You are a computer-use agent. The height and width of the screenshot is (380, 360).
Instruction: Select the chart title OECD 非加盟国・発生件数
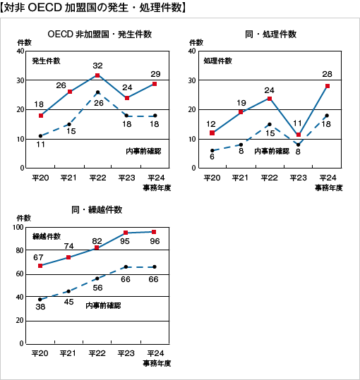pos(100,34)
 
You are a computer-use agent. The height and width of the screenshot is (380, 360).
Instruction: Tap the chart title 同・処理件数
pos(271,34)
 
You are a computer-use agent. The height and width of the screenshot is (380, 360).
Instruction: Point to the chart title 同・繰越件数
pos(97,209)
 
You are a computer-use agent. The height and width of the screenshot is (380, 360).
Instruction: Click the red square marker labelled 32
pos(97,75)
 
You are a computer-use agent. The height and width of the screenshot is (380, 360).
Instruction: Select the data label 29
pos(155,74)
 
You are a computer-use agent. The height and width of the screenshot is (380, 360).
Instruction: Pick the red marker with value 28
pos(328,86)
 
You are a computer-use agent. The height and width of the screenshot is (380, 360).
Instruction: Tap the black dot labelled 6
pos(212,150)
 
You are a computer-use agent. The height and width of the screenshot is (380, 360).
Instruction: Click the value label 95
pos(125,241)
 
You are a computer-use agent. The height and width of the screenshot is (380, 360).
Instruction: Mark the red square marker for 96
pos(154,232)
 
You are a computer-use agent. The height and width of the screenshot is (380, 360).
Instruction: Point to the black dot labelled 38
pos(40,300)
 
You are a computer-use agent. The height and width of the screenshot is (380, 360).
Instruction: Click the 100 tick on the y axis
pos(18,227)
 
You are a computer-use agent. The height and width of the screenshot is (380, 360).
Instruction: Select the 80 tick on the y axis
pos(20,250)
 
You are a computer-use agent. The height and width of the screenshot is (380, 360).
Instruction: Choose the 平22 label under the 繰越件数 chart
pos(97,353)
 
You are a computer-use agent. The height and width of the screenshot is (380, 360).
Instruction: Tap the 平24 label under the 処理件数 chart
pos(328,178)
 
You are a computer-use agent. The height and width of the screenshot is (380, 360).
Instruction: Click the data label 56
pos(97,288)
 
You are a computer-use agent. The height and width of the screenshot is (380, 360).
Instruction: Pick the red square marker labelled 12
pos(212,133)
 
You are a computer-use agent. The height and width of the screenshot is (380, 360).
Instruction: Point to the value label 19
pos(241,103)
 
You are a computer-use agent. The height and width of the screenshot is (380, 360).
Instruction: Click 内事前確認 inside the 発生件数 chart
pos(143,152)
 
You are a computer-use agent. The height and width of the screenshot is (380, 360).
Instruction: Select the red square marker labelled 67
pos(40,266)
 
